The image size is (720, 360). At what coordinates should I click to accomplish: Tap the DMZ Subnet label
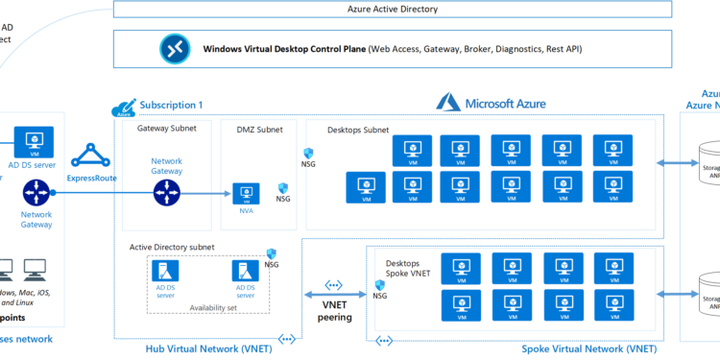click(x=259, y=129)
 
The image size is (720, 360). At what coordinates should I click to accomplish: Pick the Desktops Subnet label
click(x=357, y=129)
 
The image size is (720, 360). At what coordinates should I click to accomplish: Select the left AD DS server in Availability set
click(x=165, y=272)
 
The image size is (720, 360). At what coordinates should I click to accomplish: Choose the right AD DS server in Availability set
click(x=246, y=272)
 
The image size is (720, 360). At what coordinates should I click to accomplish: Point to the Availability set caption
click(x=215, y=309)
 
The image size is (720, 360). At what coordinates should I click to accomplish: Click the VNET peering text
click(x=335, y=310)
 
